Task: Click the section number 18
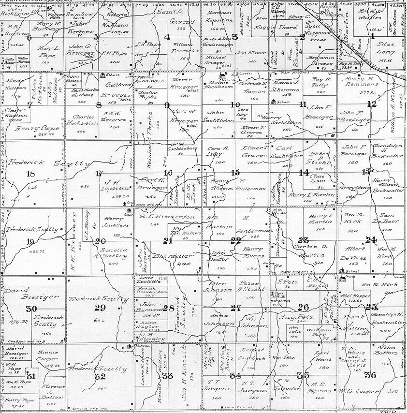[32, 174]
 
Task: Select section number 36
[370, 375]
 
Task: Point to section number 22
[235, 240]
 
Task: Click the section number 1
[373, 36]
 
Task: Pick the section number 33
[168, 376]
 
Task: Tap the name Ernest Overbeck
[252, 354]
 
